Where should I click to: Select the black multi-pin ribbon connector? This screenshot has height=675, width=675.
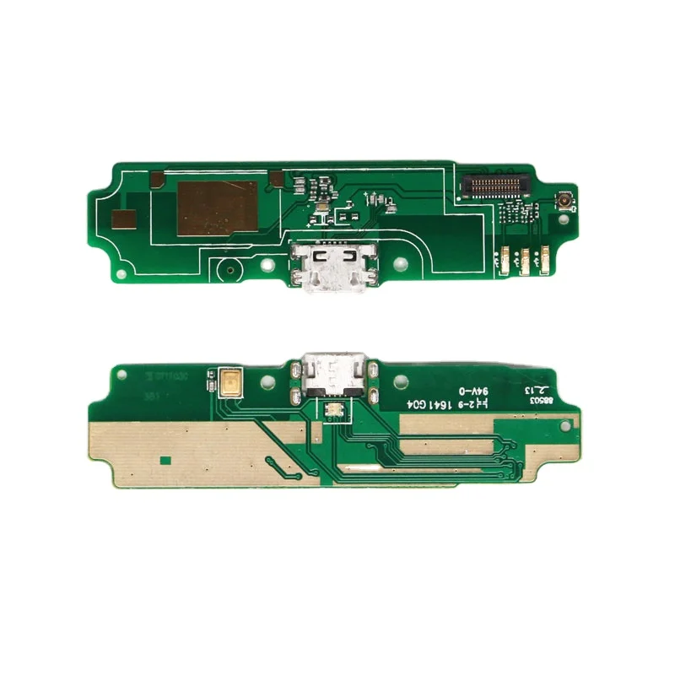(495, 183)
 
